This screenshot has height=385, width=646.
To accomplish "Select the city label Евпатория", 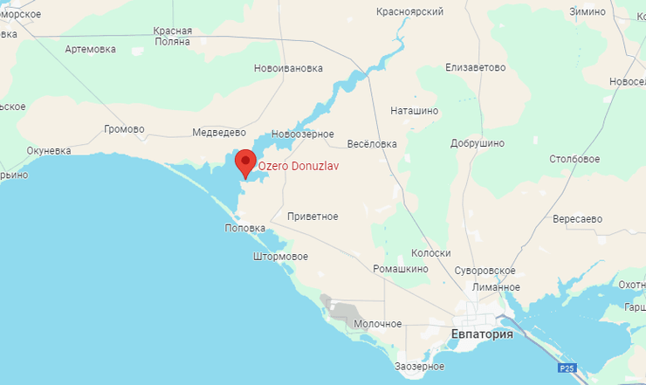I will coord(482,334).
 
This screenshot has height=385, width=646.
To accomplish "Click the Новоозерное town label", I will coord(303,134).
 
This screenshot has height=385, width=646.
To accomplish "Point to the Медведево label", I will coord(218,133).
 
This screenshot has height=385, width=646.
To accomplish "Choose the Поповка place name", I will coord(244,228).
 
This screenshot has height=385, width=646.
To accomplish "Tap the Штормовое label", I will coord(279,257).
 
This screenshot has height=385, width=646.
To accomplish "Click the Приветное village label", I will coord(313,216).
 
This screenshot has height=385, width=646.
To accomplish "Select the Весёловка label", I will coord(372,144).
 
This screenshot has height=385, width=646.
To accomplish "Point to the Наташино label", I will coord(414,111).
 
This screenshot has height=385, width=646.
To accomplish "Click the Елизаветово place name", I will coord(476,67).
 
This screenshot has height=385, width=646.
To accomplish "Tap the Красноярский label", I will coord(409,12).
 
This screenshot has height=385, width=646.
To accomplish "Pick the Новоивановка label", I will coord(288,68).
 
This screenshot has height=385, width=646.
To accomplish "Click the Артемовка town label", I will coord(90,49).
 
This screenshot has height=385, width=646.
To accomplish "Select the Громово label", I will coord(124,129).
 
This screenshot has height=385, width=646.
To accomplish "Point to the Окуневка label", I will coord(49,151).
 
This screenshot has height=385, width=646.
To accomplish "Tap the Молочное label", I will coord(378,324).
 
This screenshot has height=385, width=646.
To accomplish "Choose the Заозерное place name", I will coord(419,367).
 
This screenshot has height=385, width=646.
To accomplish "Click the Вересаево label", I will coord(578,218).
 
